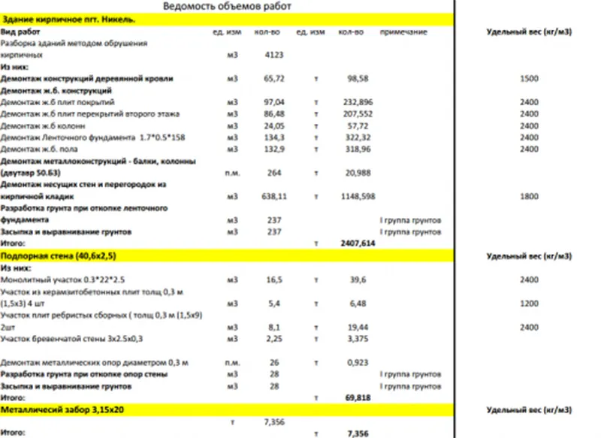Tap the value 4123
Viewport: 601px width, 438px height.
(273, 55)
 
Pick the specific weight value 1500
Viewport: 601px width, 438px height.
(528, 78)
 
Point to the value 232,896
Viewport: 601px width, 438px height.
(351, 101)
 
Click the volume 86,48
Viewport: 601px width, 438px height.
(273, 113)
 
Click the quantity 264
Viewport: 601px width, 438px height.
(273, 173)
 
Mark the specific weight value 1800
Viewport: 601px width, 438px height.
(528, 196)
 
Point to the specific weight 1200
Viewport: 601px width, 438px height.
(528, 304)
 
